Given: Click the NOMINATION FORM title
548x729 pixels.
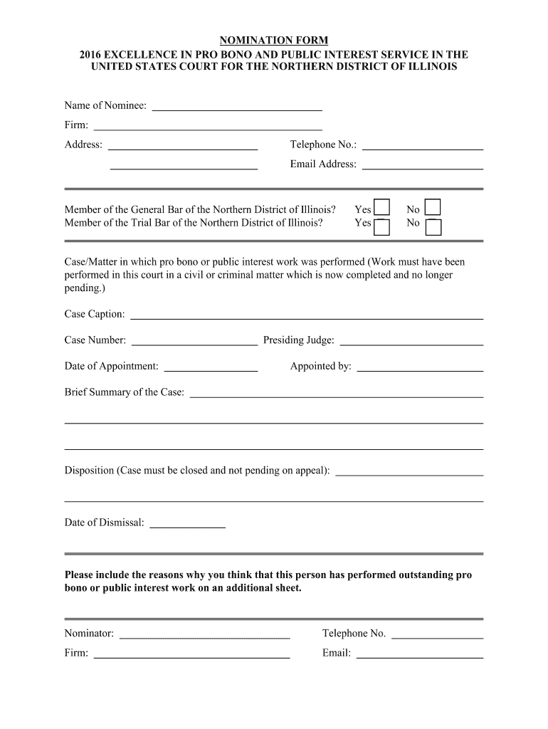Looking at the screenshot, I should [x=273, y=41].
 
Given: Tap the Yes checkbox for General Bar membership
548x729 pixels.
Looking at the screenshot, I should [x=382, y=208].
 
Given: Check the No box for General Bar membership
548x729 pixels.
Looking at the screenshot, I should [x=433, y=207].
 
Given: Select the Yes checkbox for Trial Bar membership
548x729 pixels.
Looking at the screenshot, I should [x=382, y=226].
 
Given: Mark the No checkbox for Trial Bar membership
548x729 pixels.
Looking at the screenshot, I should [x=433, y=226].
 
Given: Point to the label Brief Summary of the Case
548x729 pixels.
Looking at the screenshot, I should [x=125, y=392].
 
